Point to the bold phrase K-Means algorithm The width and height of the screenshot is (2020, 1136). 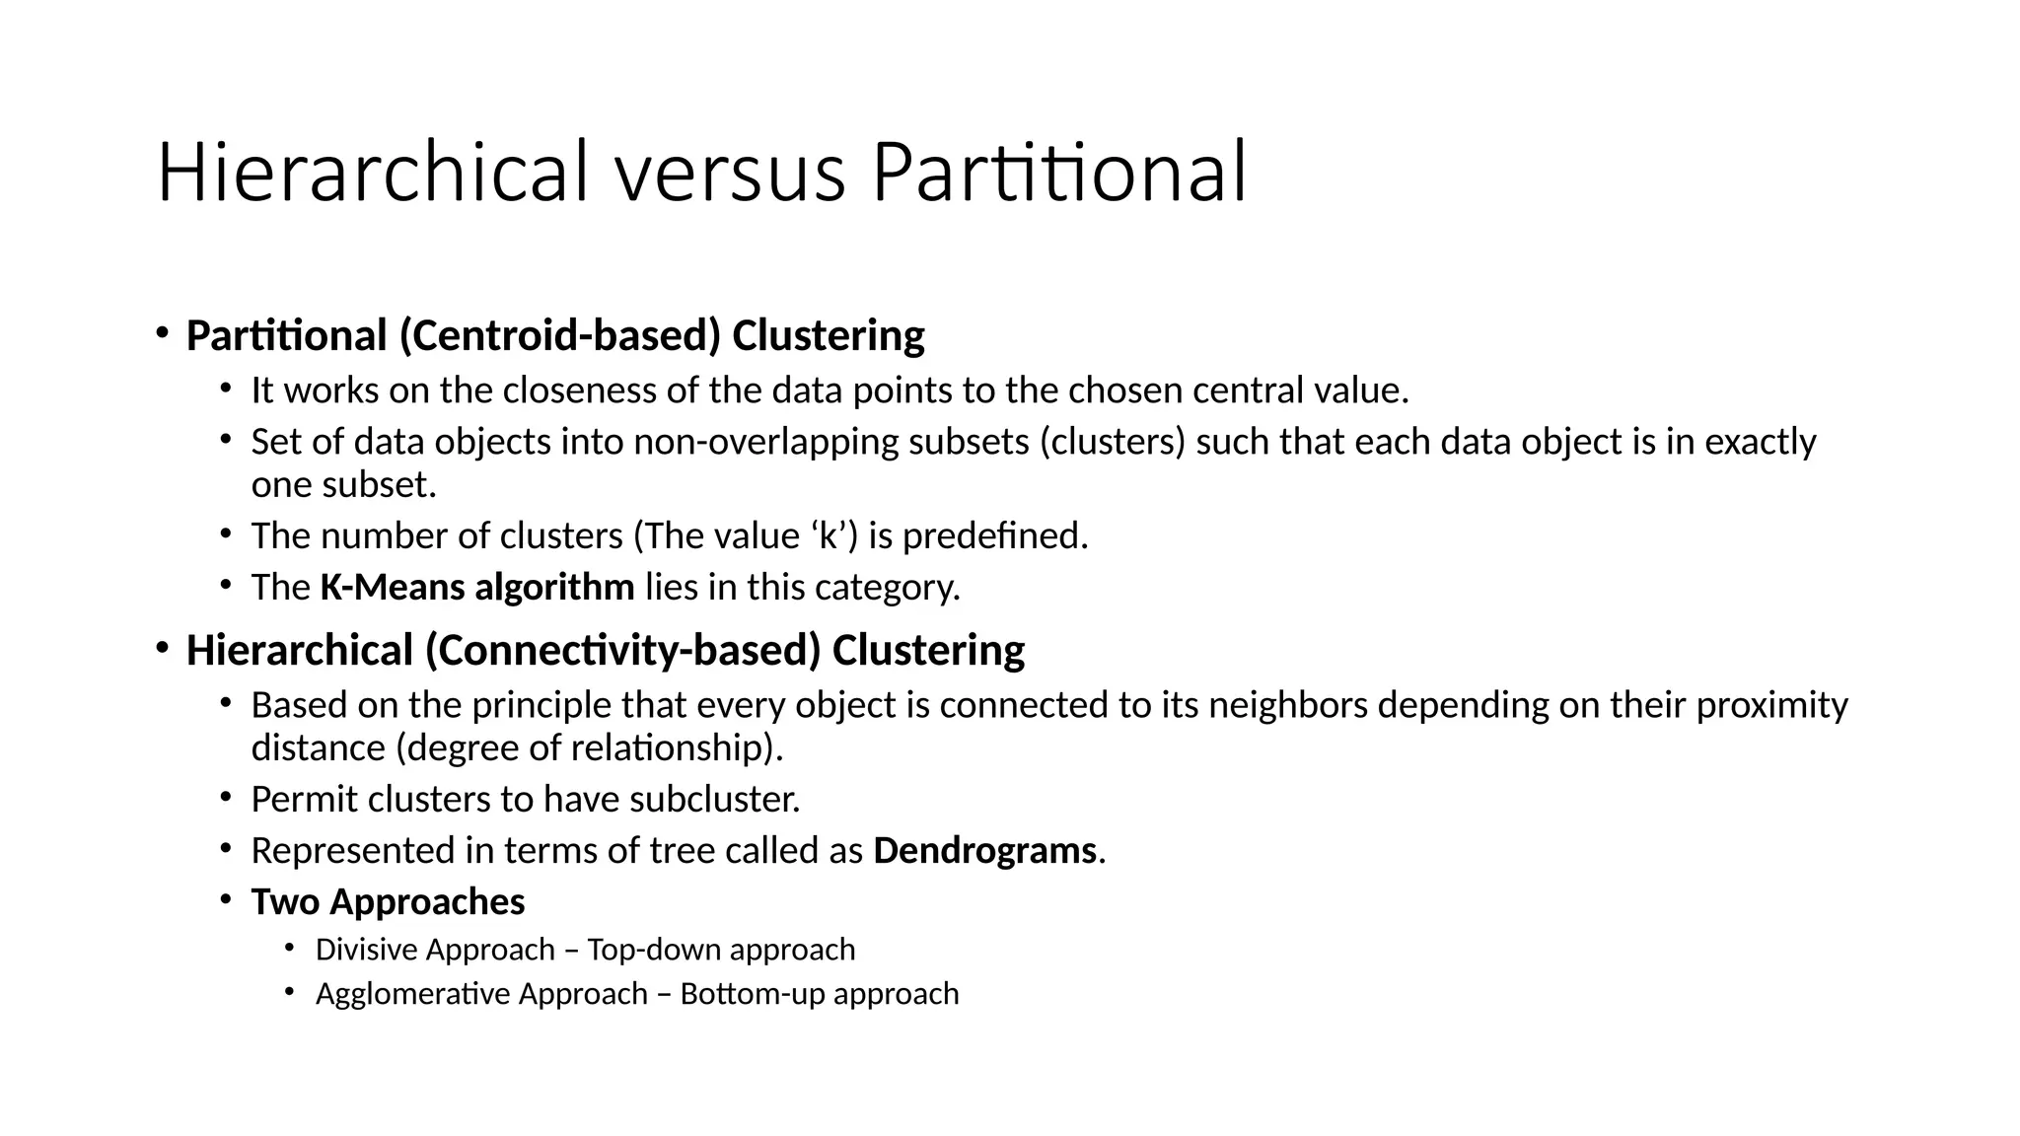pyautogui.click(x=477, y=588)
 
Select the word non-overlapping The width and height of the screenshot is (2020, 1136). pyautogui.click(x=766, y=442)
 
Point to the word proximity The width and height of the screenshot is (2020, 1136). pyautogui.click(x=1771, y=705)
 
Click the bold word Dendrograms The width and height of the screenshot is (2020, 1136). pyautogui.click(x=984, y=851)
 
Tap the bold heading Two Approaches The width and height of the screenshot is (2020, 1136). pyautogui.click(x=388, y=902)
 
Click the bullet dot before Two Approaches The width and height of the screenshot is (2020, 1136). pyautogui.click(x=226, y=898)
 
